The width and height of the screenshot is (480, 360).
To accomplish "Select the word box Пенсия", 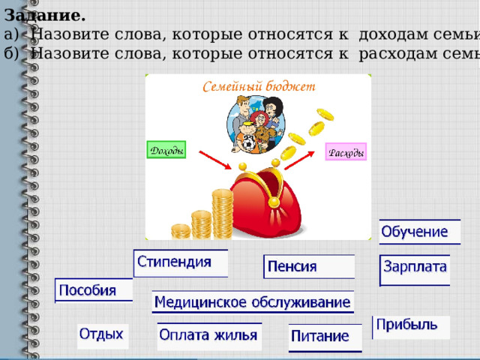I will (308, 267).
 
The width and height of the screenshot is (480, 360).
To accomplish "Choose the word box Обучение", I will (418, 232).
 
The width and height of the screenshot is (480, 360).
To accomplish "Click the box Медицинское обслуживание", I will (252, 303).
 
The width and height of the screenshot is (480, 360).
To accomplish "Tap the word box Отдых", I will (103, 335).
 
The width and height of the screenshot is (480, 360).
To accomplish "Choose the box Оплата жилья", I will (209, 335).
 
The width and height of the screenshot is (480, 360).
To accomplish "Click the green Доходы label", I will (165, 151).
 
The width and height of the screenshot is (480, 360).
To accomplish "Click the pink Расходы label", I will (346, 152).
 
